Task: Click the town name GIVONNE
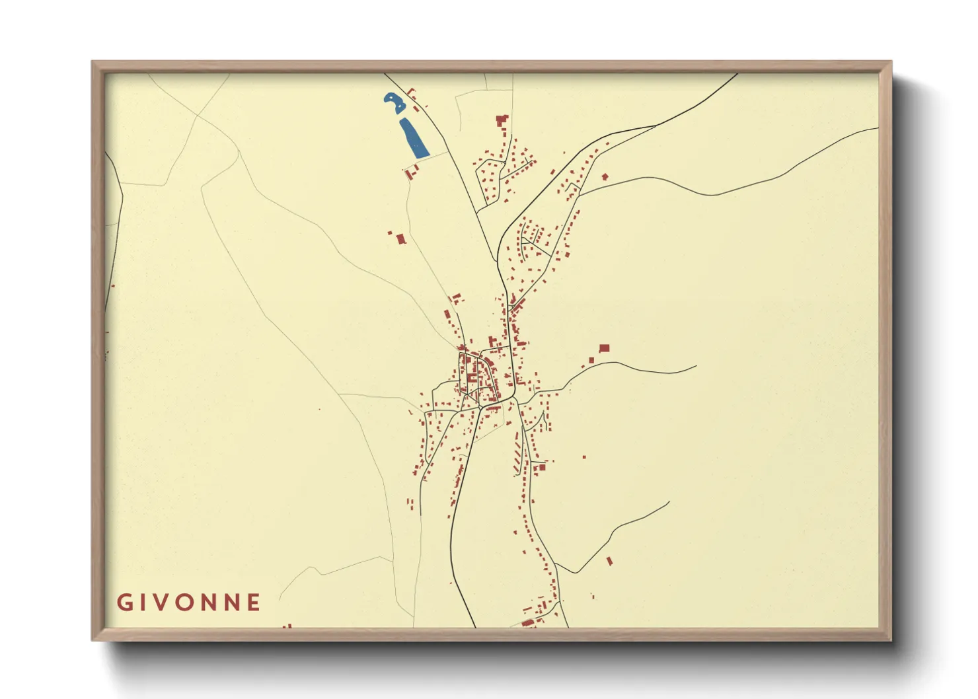[189, 603]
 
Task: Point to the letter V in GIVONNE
[159, 603]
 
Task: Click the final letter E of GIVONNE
[254, 603]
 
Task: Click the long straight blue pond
[414, 138]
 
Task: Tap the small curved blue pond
[395, 102]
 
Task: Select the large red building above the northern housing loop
[502, 120]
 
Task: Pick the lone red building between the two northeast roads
[605, 177]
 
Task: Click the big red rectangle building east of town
[604, 348]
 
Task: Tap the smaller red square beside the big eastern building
[591, 360]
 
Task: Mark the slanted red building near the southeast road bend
[609, 561]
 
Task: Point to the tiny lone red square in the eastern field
[584, 457]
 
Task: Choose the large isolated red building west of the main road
[400, 239]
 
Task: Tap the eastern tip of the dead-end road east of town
[696, 366]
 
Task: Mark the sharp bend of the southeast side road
[577, 572]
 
